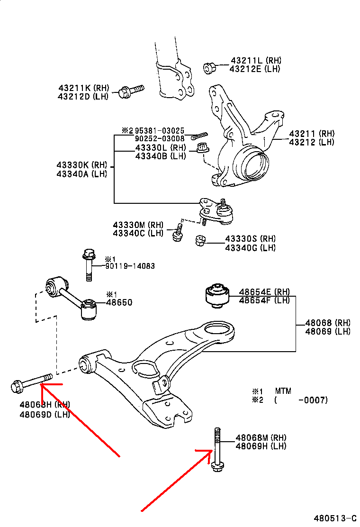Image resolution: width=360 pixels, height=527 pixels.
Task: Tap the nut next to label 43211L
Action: click(x=209, y=68)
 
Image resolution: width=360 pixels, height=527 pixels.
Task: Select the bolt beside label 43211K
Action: click(x=131, y=91)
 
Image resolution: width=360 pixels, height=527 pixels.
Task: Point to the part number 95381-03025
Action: click(x=160, y=130)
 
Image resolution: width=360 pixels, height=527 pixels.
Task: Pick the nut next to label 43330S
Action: click(x=201, y=241)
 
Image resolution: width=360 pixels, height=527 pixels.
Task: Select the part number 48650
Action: click(x=119, y=302)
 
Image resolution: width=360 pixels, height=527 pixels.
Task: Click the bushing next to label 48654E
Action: click(x=216, y=295)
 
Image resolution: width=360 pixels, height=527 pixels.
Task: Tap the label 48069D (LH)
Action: click(x=45, y=414)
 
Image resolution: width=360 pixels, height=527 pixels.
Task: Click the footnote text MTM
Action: click(x=283, y=391)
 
